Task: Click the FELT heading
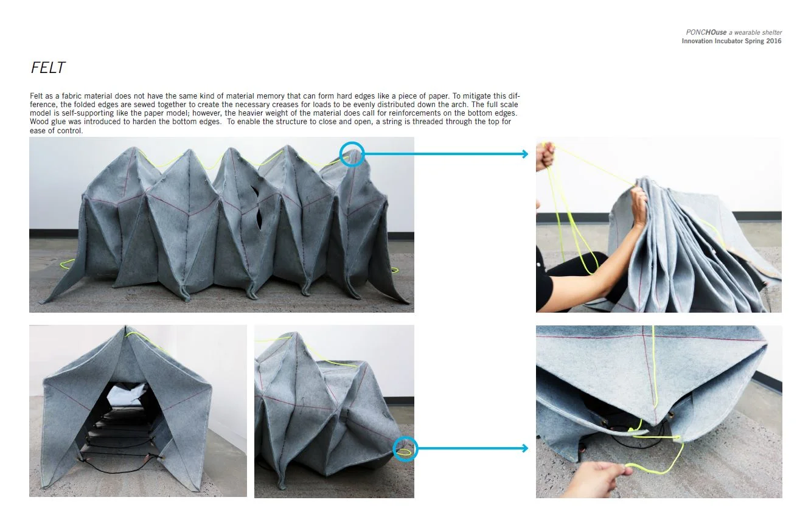tap(47, 68)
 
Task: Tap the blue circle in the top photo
tap(352, 154)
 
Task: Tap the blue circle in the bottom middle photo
tap(405, 449)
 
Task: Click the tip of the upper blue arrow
tap(527, 154)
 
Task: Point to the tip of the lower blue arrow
tap(527, 449)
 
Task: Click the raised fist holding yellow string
tap(545, 155)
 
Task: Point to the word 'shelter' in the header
tap(772, 32)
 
